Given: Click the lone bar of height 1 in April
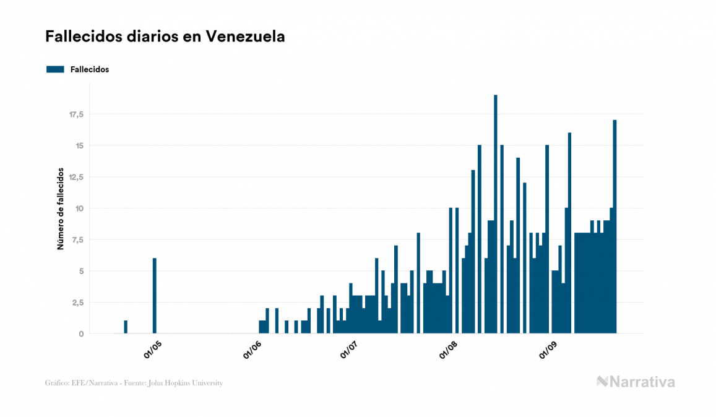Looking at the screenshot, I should pos(126,327).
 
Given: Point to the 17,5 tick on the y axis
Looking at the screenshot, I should pos(76,114).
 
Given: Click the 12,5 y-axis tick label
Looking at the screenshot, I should pos(76,177).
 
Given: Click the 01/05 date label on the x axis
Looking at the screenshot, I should pos(152,350).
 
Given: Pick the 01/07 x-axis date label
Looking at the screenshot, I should pos(350,350).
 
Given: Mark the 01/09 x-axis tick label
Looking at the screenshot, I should pos(548,350).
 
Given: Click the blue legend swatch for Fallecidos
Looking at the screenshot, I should pos(55,69).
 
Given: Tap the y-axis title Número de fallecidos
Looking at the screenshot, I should pos(61,208).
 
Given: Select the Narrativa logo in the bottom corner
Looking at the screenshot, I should pos(636,382).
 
